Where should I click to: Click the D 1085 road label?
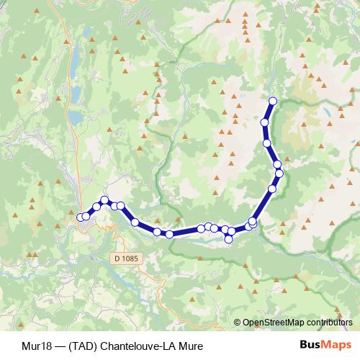click(125, 256)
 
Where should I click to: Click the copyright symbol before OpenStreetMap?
click(238, 322)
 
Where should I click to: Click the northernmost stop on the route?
click(272, 101)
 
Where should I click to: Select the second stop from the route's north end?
click(264, 123)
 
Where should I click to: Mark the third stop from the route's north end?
click(267, 143)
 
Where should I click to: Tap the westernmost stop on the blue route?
click(80, 217)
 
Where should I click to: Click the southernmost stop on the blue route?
click(229, 239)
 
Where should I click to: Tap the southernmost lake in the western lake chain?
click(75, 117)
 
